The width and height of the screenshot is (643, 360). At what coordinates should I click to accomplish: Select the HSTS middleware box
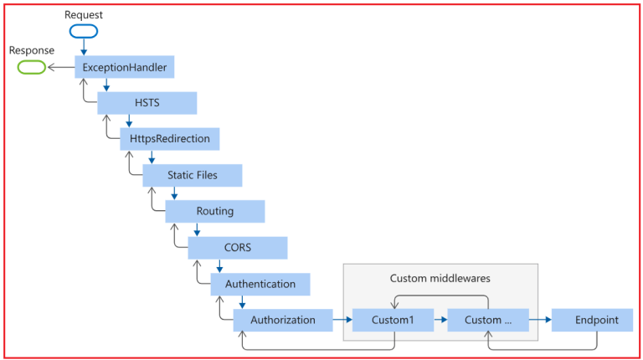tap(147, 103)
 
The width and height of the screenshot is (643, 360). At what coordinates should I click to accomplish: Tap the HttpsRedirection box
tap(169, 138)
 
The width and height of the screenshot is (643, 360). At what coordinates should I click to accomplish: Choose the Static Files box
tap(192, 175)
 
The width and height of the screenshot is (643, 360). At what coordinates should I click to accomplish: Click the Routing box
tap(214, 211)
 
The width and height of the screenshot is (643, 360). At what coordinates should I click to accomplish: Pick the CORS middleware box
tap(237, 248)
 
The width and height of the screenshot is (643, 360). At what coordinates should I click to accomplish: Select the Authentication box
tap(260, 284)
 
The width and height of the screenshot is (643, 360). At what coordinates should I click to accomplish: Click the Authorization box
tap(283, 320)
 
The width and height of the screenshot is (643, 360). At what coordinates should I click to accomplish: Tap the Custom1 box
tap(393, 320)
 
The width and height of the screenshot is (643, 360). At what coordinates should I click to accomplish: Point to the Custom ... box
tap(488, 320)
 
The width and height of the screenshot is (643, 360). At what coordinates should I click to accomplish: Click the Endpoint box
tap(596, 320)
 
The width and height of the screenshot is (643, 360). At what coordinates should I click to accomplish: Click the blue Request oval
tap(83, 31)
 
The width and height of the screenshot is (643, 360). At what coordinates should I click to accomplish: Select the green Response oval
tap(33, 67)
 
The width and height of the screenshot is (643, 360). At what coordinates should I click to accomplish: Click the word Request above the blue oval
tap(84, 14)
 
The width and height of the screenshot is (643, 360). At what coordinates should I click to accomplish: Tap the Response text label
tap(32, 50)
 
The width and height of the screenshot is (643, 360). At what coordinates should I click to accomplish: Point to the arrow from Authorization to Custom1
tap(338, 320)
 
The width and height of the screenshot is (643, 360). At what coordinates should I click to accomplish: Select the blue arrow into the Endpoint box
tap(541, 320)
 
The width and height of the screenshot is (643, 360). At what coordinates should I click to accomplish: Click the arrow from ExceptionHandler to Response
tap(61, 67)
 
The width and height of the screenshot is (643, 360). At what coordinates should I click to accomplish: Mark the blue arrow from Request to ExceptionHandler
tap(83, 47)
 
